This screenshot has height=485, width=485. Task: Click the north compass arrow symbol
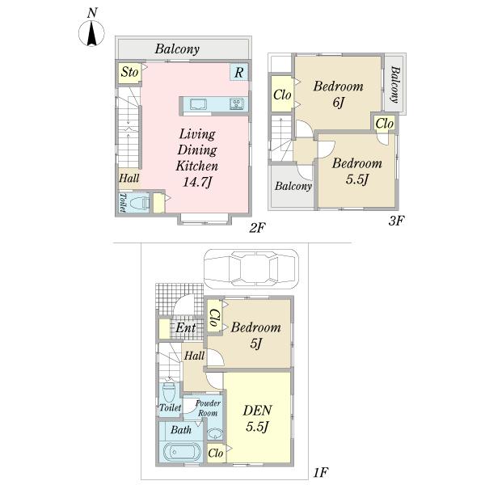(x=92, y=33)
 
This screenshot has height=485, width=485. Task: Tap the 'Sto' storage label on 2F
(x=129, y=73)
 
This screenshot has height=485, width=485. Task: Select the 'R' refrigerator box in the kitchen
(x=239, y=73)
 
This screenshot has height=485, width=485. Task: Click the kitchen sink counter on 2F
(x=199, y=103)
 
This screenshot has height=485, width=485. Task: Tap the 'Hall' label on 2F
(x=128, y=179)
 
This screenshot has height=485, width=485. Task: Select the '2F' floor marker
(x=257, y=229)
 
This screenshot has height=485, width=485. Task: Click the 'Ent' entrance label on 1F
(x=187, y=328)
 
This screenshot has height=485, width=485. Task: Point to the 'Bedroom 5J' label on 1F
(x=255, y=335)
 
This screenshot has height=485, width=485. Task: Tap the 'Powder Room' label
(x=208, y=407)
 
